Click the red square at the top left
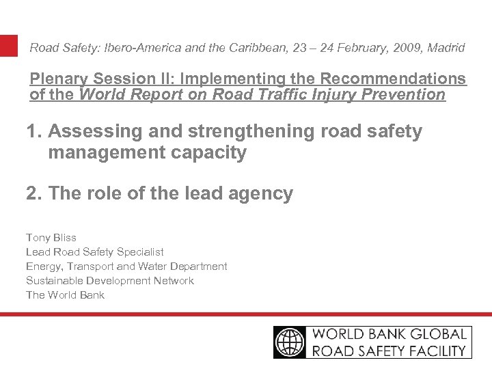coord(9,46)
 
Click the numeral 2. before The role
coord(34,194)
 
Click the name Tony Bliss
coord(51,238)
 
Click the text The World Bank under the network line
coord(66,295)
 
